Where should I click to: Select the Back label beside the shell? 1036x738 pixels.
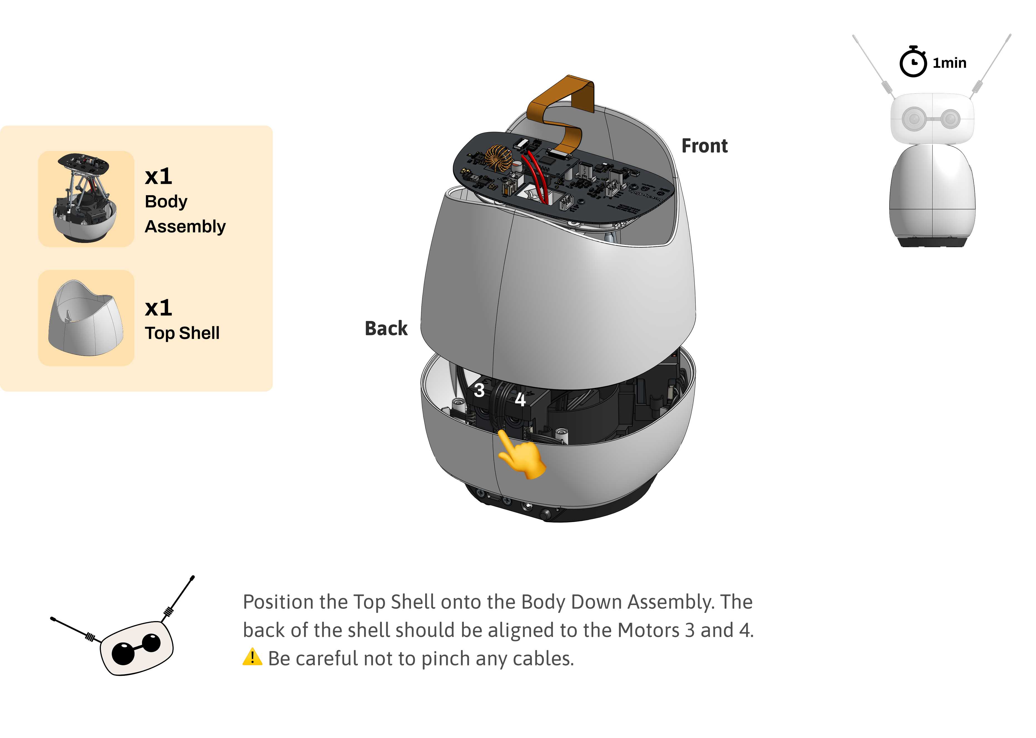pos(386,328)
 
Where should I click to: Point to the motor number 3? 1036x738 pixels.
pos(479,390)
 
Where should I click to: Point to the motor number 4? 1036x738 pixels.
pos(520,400)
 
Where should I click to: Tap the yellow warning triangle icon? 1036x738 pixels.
pos(252,657)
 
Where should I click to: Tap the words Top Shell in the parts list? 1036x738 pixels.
pos(182,333)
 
